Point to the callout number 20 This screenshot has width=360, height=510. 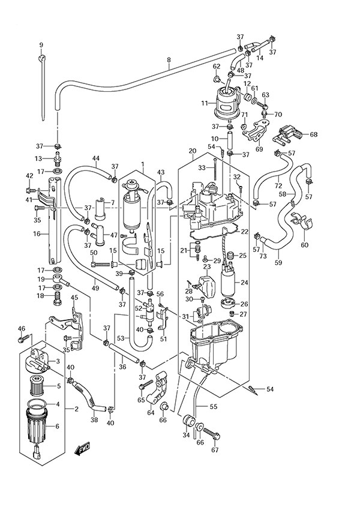pyautogui.click(x=192, y=151)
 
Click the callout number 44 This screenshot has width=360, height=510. pyautogui.click(x=95, y=158)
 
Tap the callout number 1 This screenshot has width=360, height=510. pyautogui.click(x=143, y=163)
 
